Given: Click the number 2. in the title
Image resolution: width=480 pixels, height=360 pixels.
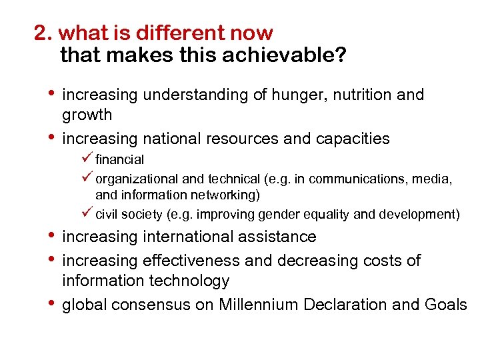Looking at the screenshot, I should (44, 33).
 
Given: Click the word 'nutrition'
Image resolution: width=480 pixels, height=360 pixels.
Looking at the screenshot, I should (359, 95).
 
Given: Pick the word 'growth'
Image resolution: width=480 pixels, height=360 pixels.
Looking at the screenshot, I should (87, 115).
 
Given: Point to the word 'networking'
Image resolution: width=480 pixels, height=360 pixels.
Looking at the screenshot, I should (224, 195).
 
